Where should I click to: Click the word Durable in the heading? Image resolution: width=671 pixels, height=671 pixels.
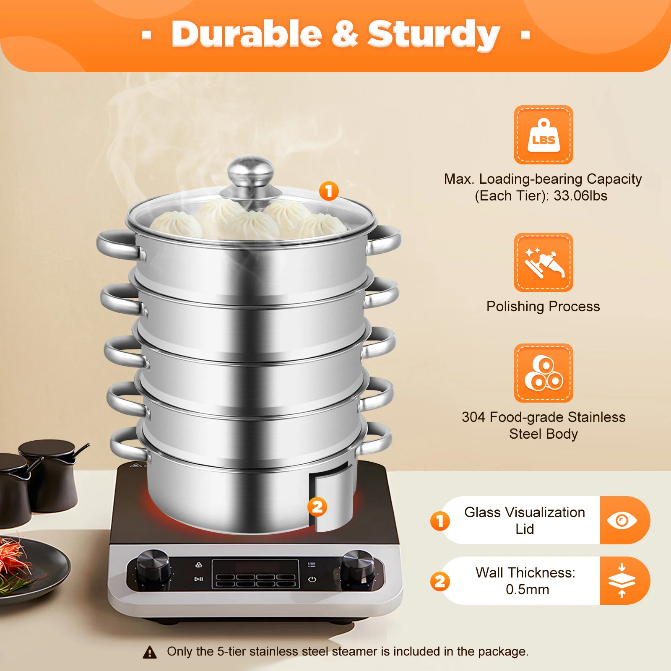[247, 34]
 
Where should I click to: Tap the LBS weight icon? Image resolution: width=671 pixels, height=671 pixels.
[544, 135]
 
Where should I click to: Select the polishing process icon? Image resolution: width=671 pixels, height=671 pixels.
[544, 262]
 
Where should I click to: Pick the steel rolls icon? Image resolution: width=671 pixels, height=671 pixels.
[544, 373]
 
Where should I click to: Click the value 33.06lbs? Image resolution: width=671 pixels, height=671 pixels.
[580, 196]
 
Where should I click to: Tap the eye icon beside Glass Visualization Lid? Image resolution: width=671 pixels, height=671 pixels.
[622, 520]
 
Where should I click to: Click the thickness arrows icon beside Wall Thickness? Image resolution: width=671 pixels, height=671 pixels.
[622, 581]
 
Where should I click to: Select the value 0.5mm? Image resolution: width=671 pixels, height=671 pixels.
[527, 590]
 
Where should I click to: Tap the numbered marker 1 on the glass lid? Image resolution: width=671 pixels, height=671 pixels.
[329, 191]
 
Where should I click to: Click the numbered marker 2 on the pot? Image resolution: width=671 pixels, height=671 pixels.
[317, 507]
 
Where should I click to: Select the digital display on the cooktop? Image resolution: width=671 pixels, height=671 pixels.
[255, 574]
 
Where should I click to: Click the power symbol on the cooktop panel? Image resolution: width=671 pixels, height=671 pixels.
[312, 580]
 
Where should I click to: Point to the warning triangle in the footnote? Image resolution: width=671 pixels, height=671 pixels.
[150, 652]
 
